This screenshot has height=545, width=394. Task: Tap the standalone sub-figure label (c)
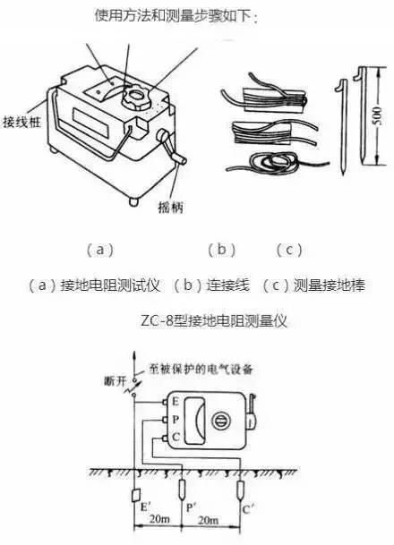tap(288, 249)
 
